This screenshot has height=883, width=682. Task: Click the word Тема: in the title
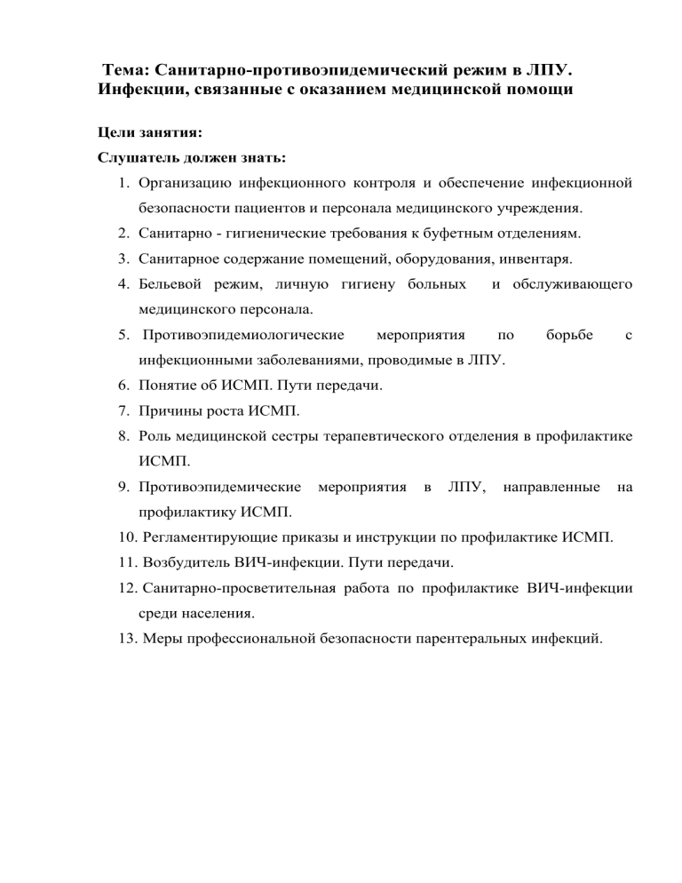click(x=128, y=69)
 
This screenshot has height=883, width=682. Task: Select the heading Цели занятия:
click(x=149, y=133)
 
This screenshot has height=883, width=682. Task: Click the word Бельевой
click(x=170, y=285)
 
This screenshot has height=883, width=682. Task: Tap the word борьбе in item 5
click(x=569, y=337)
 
